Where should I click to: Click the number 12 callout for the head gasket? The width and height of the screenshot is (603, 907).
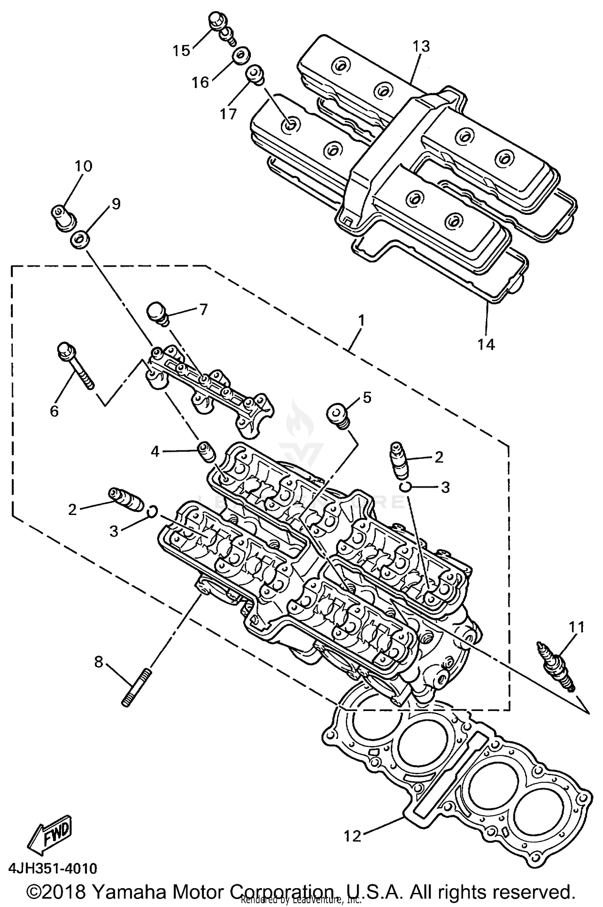[x=353, y=836]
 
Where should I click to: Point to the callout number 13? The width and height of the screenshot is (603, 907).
[x=421, y=46]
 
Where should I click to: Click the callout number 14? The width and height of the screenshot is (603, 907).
[x=486, y=344]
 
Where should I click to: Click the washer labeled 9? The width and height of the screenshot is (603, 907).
[x=80, y=240]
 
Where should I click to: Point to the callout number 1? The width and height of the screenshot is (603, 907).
[x=361, y=320]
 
